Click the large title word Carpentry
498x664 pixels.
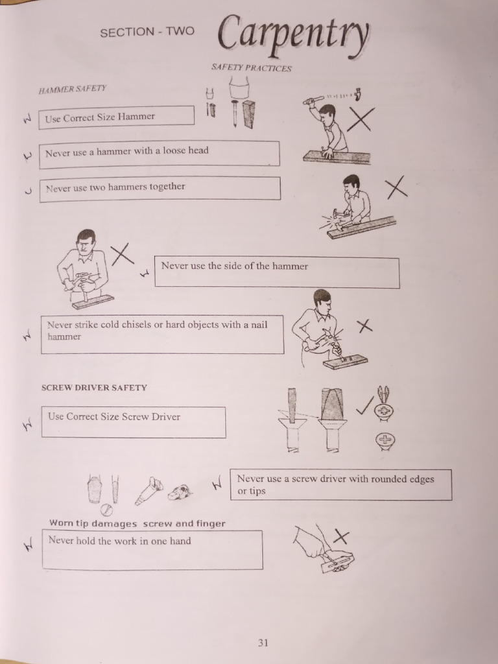coord(294,34)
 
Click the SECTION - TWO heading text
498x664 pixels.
coord(147,32)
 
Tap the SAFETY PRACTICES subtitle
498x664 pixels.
coord(251,68)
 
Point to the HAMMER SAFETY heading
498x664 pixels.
coord(72,89)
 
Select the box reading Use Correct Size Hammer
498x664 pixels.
coord(117,116)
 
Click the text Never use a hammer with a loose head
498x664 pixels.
coord(127,151)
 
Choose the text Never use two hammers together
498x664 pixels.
coord(115,187)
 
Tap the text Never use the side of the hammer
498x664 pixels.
coord(235,266)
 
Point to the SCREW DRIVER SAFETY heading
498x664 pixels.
coord(94,388)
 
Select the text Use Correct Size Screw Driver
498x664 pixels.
coord(114,416)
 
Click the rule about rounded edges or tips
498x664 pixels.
coord(336,484)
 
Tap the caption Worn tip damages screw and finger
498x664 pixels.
coord(137,523)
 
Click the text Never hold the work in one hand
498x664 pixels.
coord(119,540)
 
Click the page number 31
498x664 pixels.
coord(263,643)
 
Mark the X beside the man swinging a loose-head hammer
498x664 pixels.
coord(361,119)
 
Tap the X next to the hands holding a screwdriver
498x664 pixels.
coord(341,536)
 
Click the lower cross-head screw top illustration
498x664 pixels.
coord(385,441)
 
